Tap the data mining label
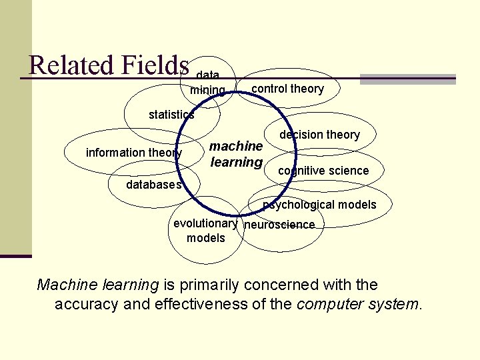click(208, 83)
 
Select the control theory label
click(287, 89)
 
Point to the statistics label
click(171, 115)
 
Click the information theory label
click(134, 153)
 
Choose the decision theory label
click(319, 135)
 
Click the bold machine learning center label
click(236, 154)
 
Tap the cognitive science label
click(323, 171)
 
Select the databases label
click(154, 185)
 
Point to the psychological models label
click(319, 205)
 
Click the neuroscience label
click(279, 225)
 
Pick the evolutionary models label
click(205, 231)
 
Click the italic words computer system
click(359, 305)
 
